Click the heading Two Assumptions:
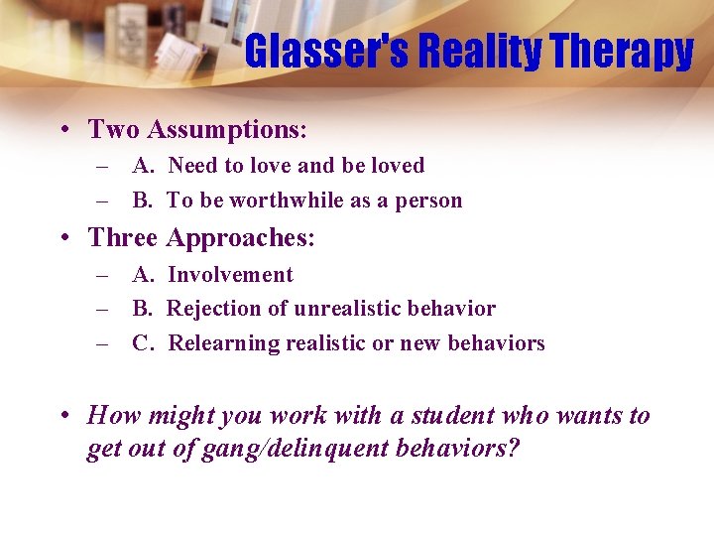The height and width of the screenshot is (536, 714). click(x=197, y=129)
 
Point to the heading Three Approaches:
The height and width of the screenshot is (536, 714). click(x=201, y=238)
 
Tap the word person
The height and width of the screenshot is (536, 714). click(x=429, y=201)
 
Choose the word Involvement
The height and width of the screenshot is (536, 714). click(x=230, y=275)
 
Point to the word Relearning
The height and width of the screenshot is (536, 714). click(x=224, y=343)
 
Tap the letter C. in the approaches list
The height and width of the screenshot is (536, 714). click(x=143, y=343)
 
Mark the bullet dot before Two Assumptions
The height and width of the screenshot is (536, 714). click(x=62, y=130)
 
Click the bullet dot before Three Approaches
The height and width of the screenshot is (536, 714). click(x=62, y=239)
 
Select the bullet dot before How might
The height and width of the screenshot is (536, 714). click(x=62, y=416)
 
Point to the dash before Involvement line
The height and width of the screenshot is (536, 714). click(x=102, y=275)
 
